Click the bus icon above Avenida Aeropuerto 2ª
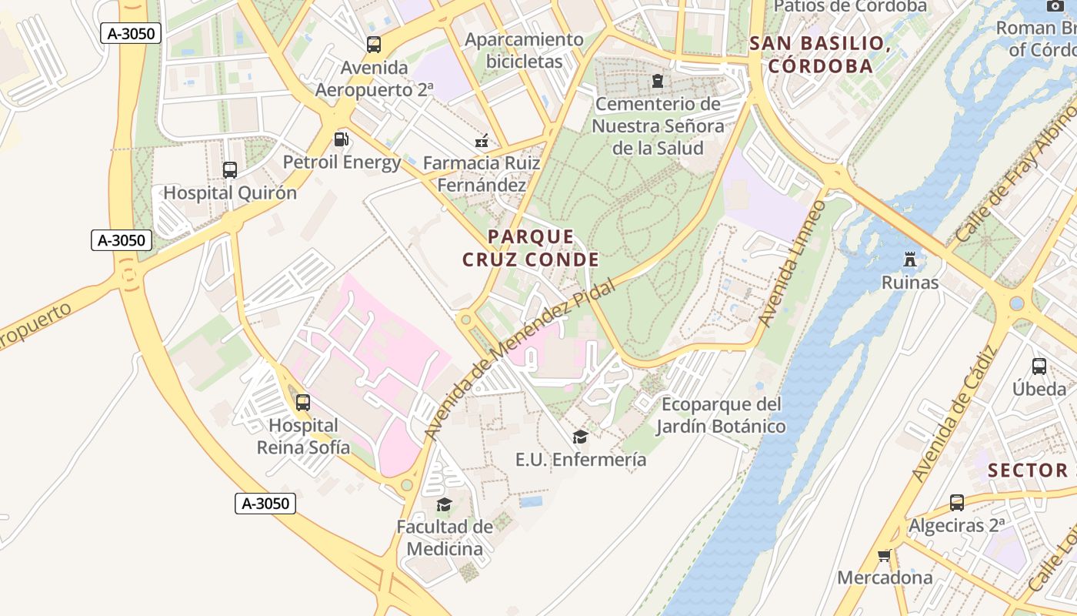click(x=374, y=45)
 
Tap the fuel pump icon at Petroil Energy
click(x=341, y=139)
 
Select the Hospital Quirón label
click(x=229, y=192)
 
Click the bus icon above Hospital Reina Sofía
click(x=303, y=402)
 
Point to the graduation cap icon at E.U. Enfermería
click(x=580, y=437)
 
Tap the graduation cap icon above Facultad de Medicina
click(x=444, y=505)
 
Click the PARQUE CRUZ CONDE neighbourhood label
click(x=530, y=248)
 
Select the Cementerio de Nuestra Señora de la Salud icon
click(x=657, y=80)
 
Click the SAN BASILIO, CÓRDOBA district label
click(x=820, y=54)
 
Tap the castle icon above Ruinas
click(x=910, y=259)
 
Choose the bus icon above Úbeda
click(x=1039, y=367)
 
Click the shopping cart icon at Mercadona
click(x=885, y=555)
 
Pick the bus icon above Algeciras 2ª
click(x=956, y=503)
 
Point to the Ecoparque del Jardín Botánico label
click(x=721, y=415)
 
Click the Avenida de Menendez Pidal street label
click(x=520, y=359)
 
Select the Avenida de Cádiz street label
click(x=954, y=414)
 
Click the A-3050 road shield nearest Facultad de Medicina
click(x=265, y=504)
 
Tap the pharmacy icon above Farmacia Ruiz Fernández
click(x=482, y=141)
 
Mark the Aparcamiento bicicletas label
click(x=524, y=50)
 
